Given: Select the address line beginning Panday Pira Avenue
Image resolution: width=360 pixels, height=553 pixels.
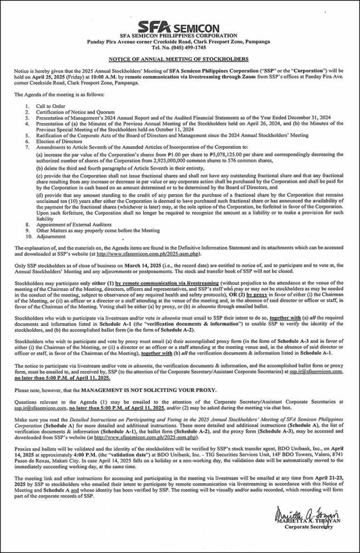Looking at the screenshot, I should (179, 41).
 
